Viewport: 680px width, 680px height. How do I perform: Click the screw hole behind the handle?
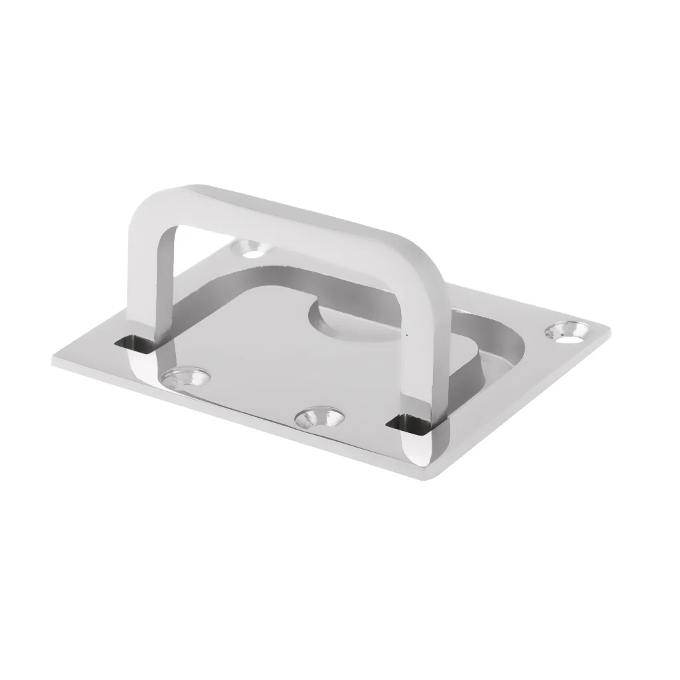(253, 250)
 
